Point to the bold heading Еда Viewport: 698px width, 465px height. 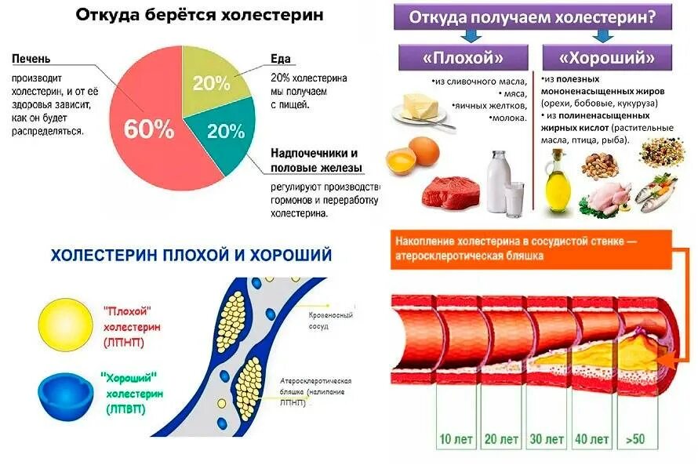click(280, 59)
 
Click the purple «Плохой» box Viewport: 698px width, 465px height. click(464, 57)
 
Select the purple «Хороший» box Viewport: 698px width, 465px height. click(608, 57)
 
